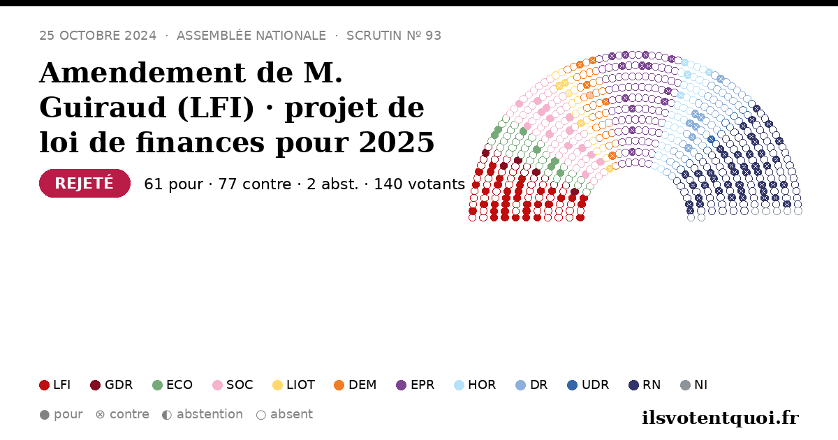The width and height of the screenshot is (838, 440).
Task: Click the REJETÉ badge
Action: tap(84, 183)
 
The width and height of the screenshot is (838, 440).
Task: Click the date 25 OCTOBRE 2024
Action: tap(98, 36)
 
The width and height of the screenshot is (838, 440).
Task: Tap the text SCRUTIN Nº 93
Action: tap(394, 36)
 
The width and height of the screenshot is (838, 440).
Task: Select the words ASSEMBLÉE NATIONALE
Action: tap(251, 36)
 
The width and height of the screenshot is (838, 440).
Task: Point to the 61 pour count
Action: tap(174, 184)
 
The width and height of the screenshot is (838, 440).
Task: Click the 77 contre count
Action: tap(255, 184)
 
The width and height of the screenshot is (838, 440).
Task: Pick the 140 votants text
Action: tap(420, 184)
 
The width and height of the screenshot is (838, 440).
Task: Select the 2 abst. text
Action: tap(332, 184)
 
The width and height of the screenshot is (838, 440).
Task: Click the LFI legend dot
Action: tap(44, 385)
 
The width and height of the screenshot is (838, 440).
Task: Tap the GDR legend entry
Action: tap(112, 385)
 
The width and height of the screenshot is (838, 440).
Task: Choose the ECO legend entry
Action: tap(172, 385)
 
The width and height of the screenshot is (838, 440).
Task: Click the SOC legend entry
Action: tap(233, 385)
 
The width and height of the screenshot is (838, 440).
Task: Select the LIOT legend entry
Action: tap(294, 385)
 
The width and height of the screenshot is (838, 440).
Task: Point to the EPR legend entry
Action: tap(416, 385)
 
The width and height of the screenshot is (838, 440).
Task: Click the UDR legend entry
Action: tap(588, 385)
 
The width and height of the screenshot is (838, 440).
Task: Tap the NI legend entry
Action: tap(694, 385)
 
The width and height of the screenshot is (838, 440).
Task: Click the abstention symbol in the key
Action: tap(167, 415)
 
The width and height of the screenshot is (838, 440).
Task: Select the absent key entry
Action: tap(284, 415)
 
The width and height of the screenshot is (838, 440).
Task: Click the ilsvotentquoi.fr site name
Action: tap(720, 418)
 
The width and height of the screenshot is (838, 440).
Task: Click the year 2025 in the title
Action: tap(397, 142)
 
